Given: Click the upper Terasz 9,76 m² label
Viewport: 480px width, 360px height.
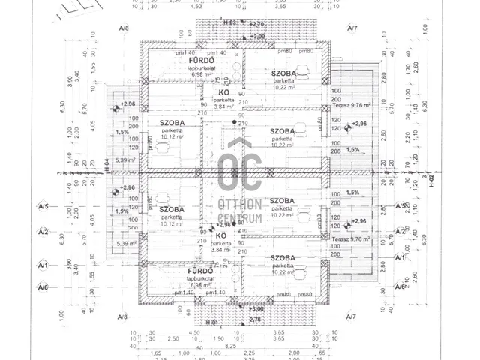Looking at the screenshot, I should (355, 106).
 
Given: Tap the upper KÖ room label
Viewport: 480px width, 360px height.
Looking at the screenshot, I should (223, 91).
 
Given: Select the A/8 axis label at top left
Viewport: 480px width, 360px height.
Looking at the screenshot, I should (123, 28).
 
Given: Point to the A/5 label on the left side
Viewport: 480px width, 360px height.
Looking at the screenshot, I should (43, 205).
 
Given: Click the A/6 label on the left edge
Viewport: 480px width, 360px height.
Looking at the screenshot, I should (43, 287).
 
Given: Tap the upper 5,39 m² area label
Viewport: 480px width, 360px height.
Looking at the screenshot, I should (124, 160).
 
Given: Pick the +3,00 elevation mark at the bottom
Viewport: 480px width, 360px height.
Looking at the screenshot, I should (256, 307).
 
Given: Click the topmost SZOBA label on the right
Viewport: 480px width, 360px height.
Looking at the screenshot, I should (284, 72).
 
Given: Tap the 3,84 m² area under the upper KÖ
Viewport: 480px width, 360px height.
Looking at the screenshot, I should (223, 106).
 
